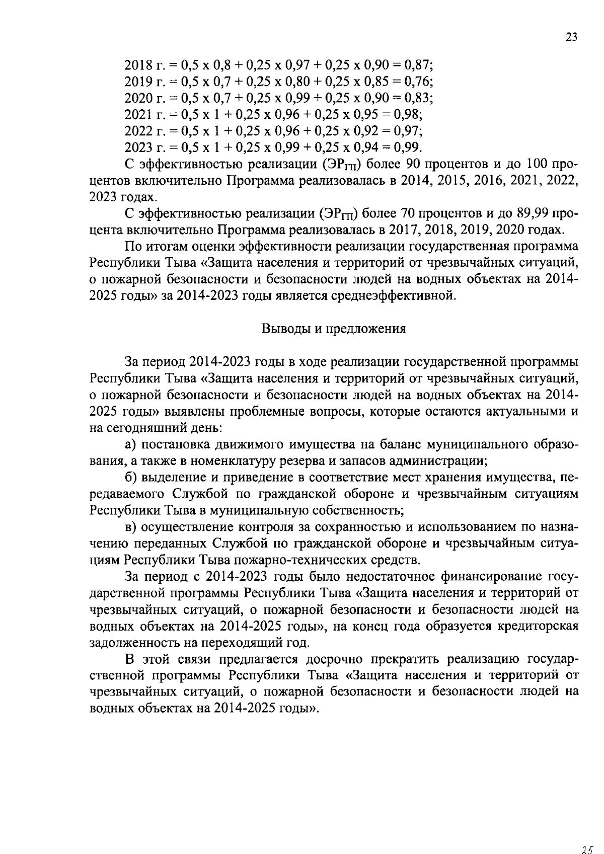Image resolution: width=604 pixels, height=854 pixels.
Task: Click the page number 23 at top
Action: (571, 37)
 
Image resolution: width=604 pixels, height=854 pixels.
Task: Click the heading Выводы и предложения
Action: (333, 329)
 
